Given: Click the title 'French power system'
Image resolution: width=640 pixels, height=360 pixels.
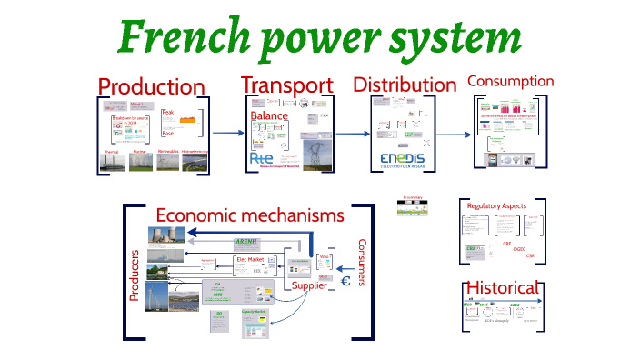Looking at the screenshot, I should click(319, 37).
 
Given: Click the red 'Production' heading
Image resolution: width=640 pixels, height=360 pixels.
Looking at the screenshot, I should click(151, 87).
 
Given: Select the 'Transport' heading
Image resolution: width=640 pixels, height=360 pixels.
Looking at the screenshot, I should click(286, 85).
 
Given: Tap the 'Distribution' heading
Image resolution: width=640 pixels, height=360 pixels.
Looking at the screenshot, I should click(405, 85).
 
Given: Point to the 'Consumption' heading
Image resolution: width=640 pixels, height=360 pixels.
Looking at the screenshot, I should click(510, 81).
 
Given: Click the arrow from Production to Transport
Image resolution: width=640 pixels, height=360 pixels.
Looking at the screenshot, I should click(228, 133).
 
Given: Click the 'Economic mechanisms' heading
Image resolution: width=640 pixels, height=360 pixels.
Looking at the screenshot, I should click(250, 215).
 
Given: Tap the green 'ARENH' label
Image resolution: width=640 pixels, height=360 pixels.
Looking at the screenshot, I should click(247, 241).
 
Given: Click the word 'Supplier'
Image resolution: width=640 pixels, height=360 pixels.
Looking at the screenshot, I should click(309, 286).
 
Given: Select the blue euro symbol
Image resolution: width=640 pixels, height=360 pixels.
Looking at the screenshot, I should click(345, 282).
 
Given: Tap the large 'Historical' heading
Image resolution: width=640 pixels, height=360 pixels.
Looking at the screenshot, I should click(504, 287).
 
